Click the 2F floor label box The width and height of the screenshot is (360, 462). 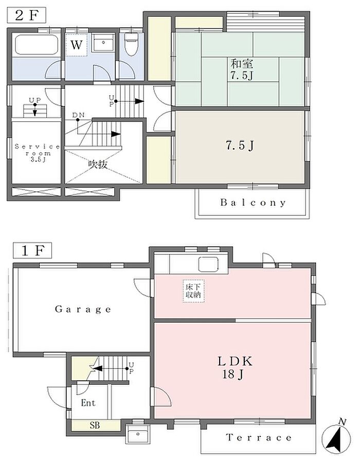pyautogui.click(x=27, y=15)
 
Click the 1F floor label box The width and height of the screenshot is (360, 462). pyautogui.click(x=32, y=250)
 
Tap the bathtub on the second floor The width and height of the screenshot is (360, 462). pyautogui.click(x=37, y=45)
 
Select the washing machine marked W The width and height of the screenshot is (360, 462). pyautogui.click(x=76, y=45)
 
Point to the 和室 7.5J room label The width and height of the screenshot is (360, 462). pyautogui.click(x=242, y=69)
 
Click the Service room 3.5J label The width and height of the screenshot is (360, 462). pyautogui.click(x=38, y=153)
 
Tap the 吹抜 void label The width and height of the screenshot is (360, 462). pyautogui.click(x=98, y=164)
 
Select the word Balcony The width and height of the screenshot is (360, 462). pyautogui.click(x=253, y=202)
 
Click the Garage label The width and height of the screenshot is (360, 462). pyautogui.click(x=83, y=309)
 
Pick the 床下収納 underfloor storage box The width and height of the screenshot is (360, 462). pyautogui.click(x=193, y=291)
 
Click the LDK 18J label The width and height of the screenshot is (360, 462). pyautogui.click(x=235, y=367)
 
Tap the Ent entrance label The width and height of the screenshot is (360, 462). pyautogui.click(x=88, y=402)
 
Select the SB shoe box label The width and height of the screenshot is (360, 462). pyautogui.click(x=95, y=425)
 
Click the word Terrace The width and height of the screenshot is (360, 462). pyautogui.click(x=259, y=437)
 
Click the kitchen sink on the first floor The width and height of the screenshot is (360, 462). pyautogui.click(x=208, y=264)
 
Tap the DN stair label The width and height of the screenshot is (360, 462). pyautogui.click(x=78, y=115)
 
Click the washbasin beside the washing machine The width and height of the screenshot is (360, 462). pyautogui.click(x=103, y=43)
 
